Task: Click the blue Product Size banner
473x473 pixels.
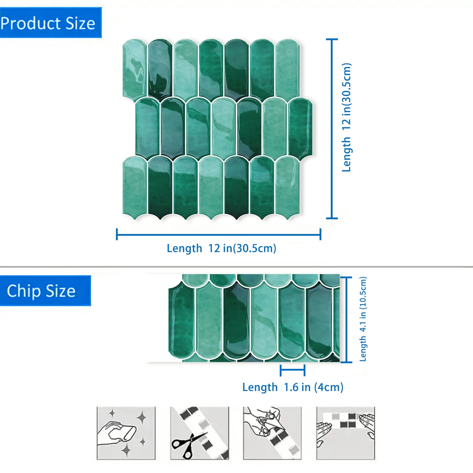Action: pos(51,23)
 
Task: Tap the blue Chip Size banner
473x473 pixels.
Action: pos(45,291)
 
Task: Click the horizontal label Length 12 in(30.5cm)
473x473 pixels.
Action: pos(221,248)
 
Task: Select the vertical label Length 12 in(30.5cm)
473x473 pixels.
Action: pos(347,117)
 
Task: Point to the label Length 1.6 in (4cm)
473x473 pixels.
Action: pos(293,387)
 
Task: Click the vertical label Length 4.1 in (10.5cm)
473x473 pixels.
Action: pos(363,319)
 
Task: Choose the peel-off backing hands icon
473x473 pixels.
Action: pos(272,433)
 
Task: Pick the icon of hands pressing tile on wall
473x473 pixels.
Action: pos(346,433)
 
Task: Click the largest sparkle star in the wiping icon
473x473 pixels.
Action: pos(142,418)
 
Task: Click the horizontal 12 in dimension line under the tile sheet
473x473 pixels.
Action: pos(219,235)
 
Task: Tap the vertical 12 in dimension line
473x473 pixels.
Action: pos(332,129)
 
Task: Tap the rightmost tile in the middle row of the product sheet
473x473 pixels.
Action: pos(300,129)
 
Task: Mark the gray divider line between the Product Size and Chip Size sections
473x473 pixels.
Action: pos(236,267)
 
